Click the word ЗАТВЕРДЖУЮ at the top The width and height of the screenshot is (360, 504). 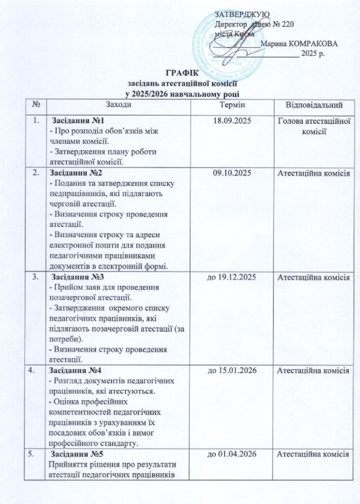pyautogui.click(x=239, y=13)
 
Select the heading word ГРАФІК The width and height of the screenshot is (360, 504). pyautogui.click(x=181, y=74)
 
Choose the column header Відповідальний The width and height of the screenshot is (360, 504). pyautogui.click(x=314, y=105)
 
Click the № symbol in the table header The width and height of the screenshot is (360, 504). pyautogui.click(x=35, y=104)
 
